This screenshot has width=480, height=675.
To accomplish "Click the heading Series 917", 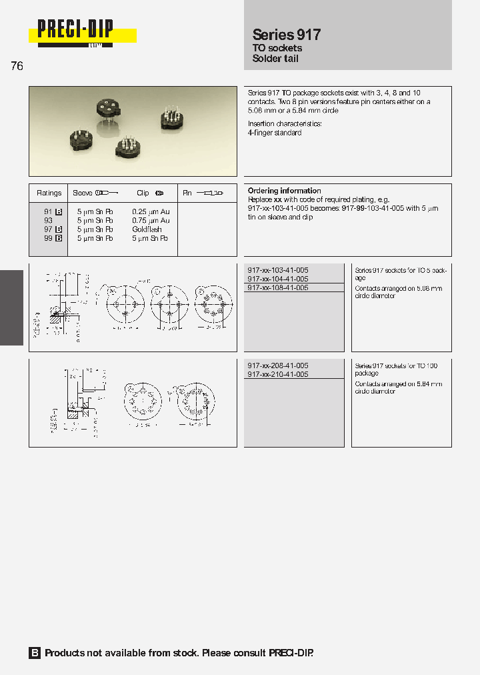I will tap(286, 35).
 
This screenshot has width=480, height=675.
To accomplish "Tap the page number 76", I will tap(17, 66).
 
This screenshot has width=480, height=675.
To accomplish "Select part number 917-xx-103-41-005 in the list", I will tap(277, 270).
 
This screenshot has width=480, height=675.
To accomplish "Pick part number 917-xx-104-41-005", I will tap(277, 279).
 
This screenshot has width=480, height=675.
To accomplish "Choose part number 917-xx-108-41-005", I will tap(277, 287).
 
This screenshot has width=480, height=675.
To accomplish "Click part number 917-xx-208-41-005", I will tap(277, 366).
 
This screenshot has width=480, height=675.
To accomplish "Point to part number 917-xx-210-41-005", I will tap(277, 374).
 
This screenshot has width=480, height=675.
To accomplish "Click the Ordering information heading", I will tap(284, 191).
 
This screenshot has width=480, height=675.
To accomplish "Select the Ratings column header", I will tap(49, 193).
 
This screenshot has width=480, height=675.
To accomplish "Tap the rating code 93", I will tap(48, 220).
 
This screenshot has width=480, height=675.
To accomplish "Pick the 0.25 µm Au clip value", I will tap(151, 211).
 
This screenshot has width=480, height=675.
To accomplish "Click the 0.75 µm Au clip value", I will tap(151, 220).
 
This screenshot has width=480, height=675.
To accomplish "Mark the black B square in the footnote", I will tap(35, 653).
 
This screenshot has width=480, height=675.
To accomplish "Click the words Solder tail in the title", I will tap(275, 59).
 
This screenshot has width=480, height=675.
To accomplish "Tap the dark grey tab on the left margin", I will tap(11, 307).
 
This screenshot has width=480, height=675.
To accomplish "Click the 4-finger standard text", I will tap(275, 133).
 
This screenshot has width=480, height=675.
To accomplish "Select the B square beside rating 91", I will tap(59, 211).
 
